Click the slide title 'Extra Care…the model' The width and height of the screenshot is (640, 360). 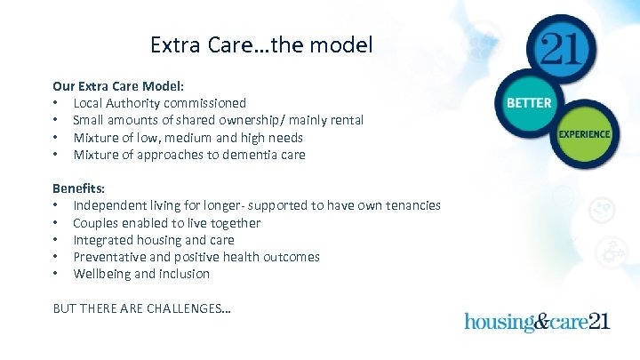click(x=261, y=44)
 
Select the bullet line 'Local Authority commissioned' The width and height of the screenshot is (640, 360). click(x=159, y=104)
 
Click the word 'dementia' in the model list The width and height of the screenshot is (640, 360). click(x=244, y=155)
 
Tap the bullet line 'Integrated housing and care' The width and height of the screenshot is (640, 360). click(x=154, y=240)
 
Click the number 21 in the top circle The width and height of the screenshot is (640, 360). click(x=563, y=47)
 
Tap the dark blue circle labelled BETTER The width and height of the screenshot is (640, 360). click(x=528, y=103)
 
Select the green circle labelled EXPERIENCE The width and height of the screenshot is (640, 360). click(x=584, y=134)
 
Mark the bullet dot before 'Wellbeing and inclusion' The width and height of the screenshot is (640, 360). click(x=56, y=274)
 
